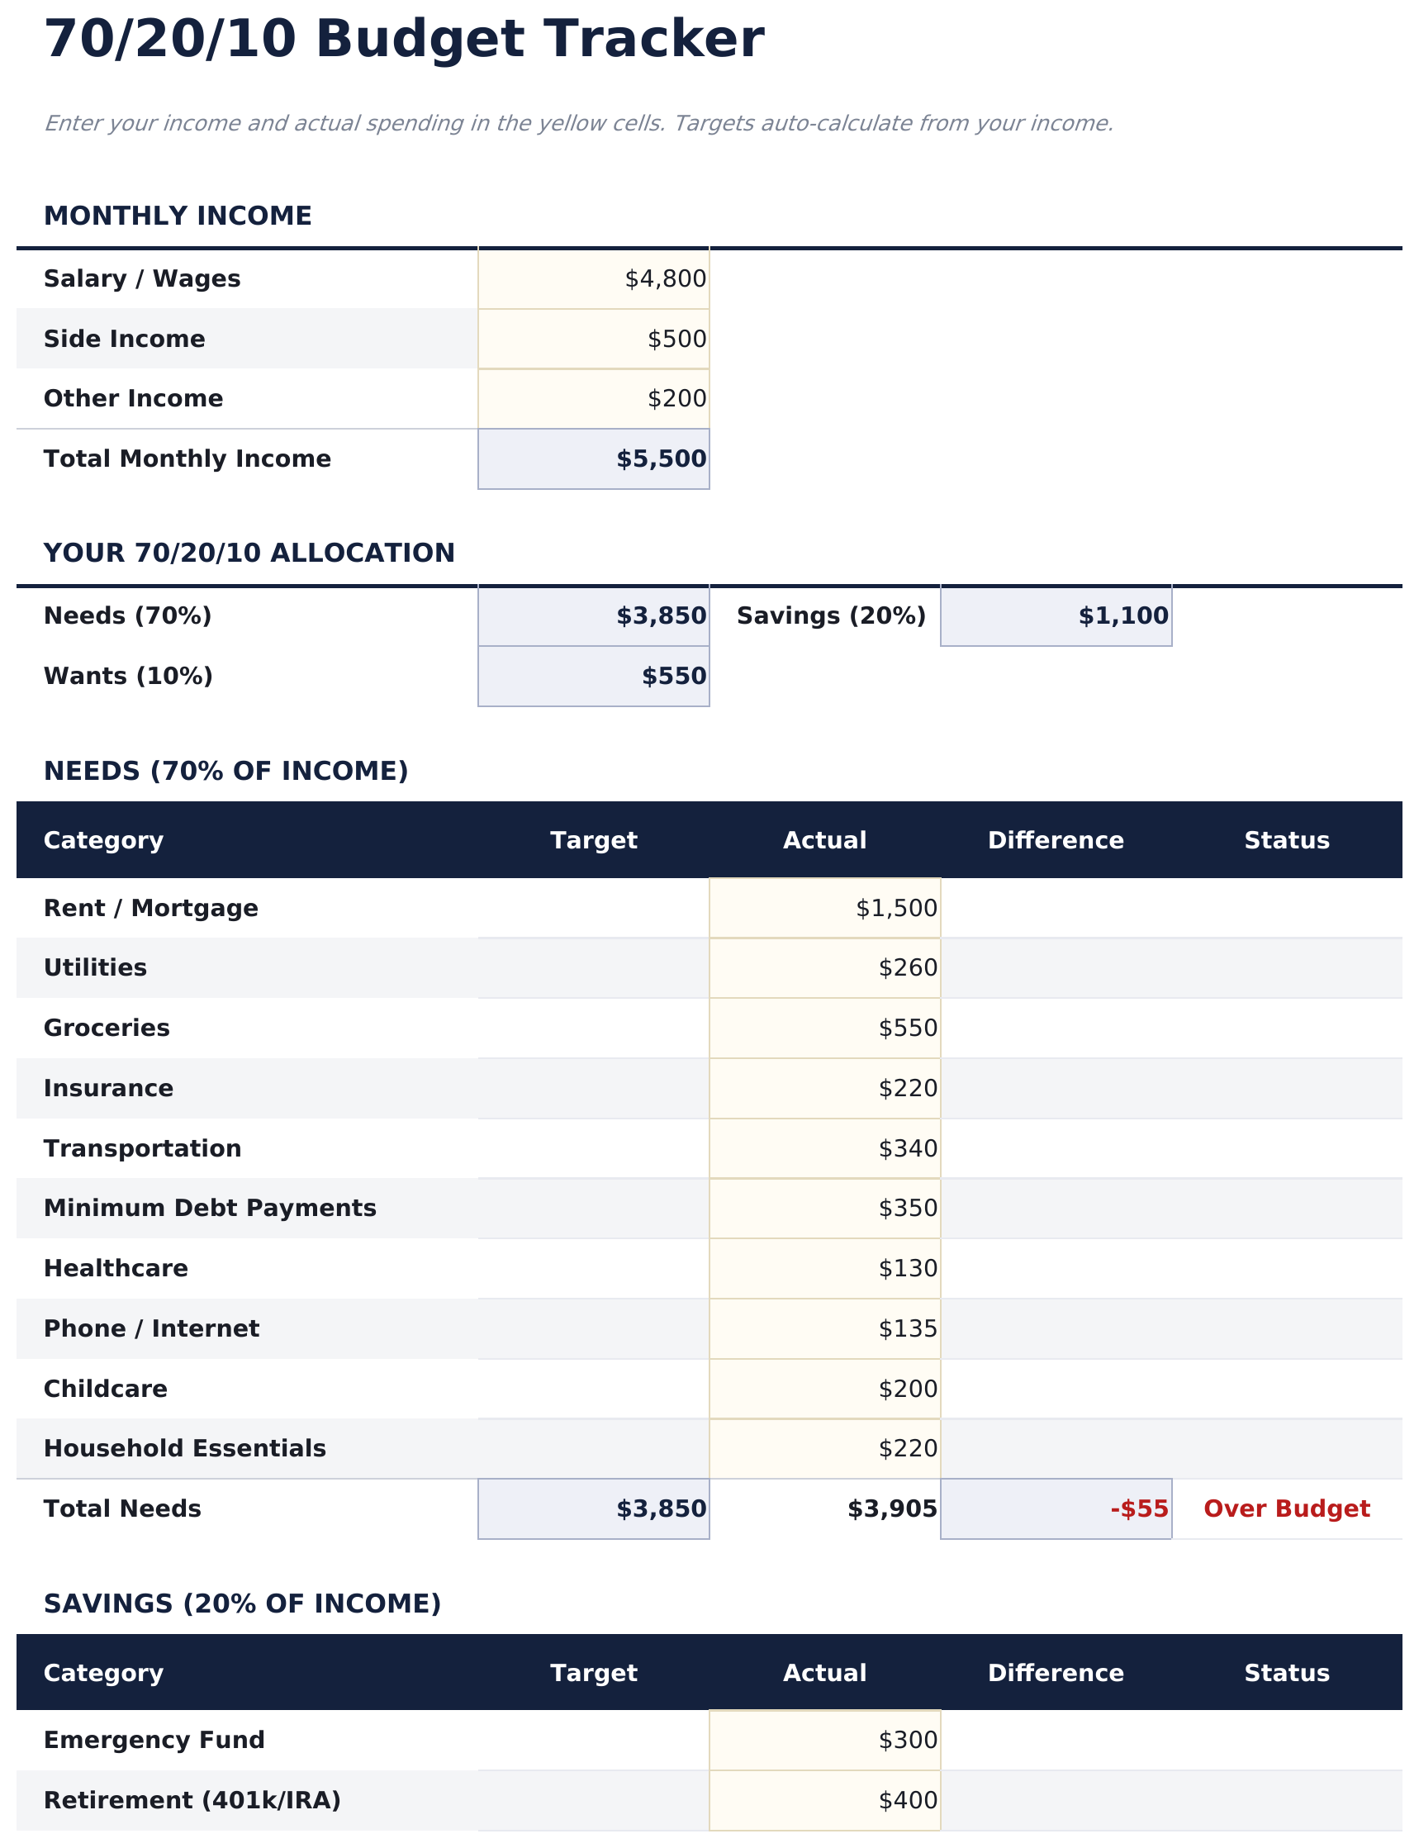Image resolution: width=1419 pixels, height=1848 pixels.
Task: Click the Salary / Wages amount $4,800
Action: coord(665,278)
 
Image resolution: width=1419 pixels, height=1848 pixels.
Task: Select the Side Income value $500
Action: coord(676,339)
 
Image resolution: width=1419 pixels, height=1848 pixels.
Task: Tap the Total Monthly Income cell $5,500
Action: coord(661,458)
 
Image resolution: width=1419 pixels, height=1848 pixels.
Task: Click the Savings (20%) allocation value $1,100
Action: coord(1122,615)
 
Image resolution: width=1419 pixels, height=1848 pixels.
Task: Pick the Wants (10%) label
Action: coord(127,676)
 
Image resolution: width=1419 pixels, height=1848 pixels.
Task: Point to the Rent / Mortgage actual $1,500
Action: coord(895,908)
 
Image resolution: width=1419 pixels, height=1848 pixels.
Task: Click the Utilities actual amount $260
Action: coord(907,967)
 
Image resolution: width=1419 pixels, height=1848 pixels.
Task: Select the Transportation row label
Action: coord(142,1147)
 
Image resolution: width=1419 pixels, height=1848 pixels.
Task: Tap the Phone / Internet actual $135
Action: coord(907,1328)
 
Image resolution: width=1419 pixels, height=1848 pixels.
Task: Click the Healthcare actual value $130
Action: coord(907,1268)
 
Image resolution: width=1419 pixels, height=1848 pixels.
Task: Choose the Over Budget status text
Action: coord(1285,1508)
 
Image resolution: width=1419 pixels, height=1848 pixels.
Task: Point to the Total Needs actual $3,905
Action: coord(891,1508)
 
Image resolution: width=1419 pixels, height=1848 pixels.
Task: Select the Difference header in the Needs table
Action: coord(1055,840)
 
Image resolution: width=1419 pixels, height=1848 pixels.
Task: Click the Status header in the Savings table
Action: coord(1285,1673)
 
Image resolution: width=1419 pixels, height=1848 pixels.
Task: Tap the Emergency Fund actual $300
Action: coord(907,1740)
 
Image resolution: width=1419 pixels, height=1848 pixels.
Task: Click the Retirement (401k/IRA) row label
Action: coord(192,1800)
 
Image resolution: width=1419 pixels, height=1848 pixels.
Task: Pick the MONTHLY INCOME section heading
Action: coord(178,216)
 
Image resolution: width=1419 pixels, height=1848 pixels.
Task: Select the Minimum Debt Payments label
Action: coord(210,1208)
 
